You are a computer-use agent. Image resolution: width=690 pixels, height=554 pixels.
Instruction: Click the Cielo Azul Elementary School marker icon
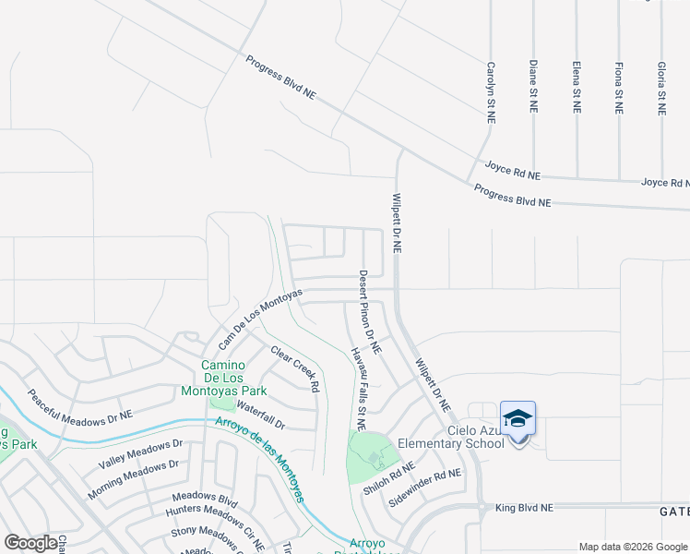click(517, 418)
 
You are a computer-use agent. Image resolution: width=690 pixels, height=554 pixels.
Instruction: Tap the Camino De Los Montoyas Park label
click(228, 377)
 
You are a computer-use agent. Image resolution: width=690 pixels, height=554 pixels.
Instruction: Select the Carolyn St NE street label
click(492, 92)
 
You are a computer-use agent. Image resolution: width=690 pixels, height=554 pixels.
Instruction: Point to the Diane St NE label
click(533, 87)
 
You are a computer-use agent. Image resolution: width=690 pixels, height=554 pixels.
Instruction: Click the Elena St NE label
click(577, 87)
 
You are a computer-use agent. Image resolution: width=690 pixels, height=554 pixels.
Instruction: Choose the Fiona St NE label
click(619, 88)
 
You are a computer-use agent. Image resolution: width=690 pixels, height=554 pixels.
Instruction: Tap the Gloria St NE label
click(661, 88)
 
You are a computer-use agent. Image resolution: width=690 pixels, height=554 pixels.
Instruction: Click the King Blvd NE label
click(524, 508)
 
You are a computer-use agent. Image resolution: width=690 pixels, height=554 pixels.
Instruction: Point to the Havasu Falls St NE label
click(359, 389)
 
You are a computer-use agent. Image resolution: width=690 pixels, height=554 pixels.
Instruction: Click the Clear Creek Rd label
click(295, 368)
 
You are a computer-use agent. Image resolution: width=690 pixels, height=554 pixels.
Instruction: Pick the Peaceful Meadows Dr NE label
click(79, 408)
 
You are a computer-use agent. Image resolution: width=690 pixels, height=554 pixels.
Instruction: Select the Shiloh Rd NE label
click(388, 478)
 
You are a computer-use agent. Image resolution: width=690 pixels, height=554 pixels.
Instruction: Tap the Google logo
click(32, 543)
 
